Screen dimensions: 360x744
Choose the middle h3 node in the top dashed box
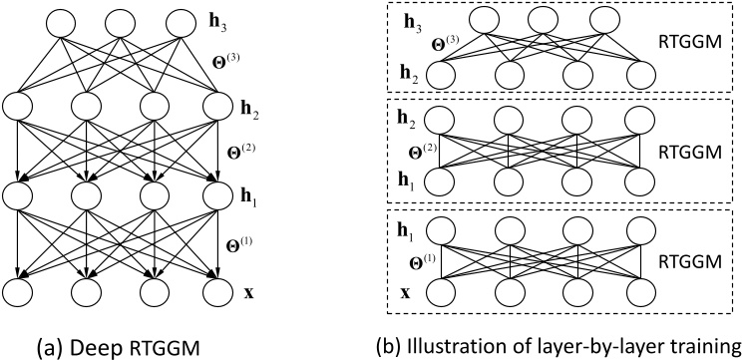pyautogui.click(x=546, y=22)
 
